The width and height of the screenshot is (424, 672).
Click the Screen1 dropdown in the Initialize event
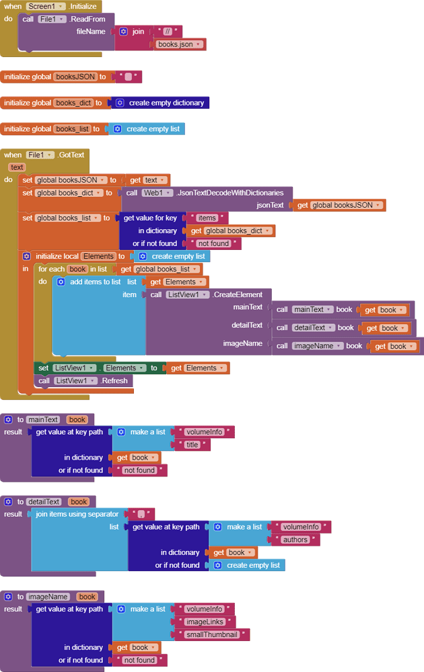(46, 6)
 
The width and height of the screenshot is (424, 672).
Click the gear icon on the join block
(123, 32)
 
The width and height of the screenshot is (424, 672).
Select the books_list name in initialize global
(73, 128)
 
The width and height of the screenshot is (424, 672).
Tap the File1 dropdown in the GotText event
(40, 155)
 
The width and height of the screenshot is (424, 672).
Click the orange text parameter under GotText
(17, 167)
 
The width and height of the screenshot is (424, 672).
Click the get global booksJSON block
(339, 205)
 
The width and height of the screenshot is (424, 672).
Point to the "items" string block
(207, 218)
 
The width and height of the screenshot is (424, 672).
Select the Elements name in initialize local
(98, 256)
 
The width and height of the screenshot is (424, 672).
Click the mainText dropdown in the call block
(312, 310)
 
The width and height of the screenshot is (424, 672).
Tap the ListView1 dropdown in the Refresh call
(71, 380)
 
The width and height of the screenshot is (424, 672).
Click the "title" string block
(192, 445)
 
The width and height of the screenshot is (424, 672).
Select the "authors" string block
(295, 540)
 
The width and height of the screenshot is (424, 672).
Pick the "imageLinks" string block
(205, 622)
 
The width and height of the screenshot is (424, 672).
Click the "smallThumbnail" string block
(211, 634)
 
